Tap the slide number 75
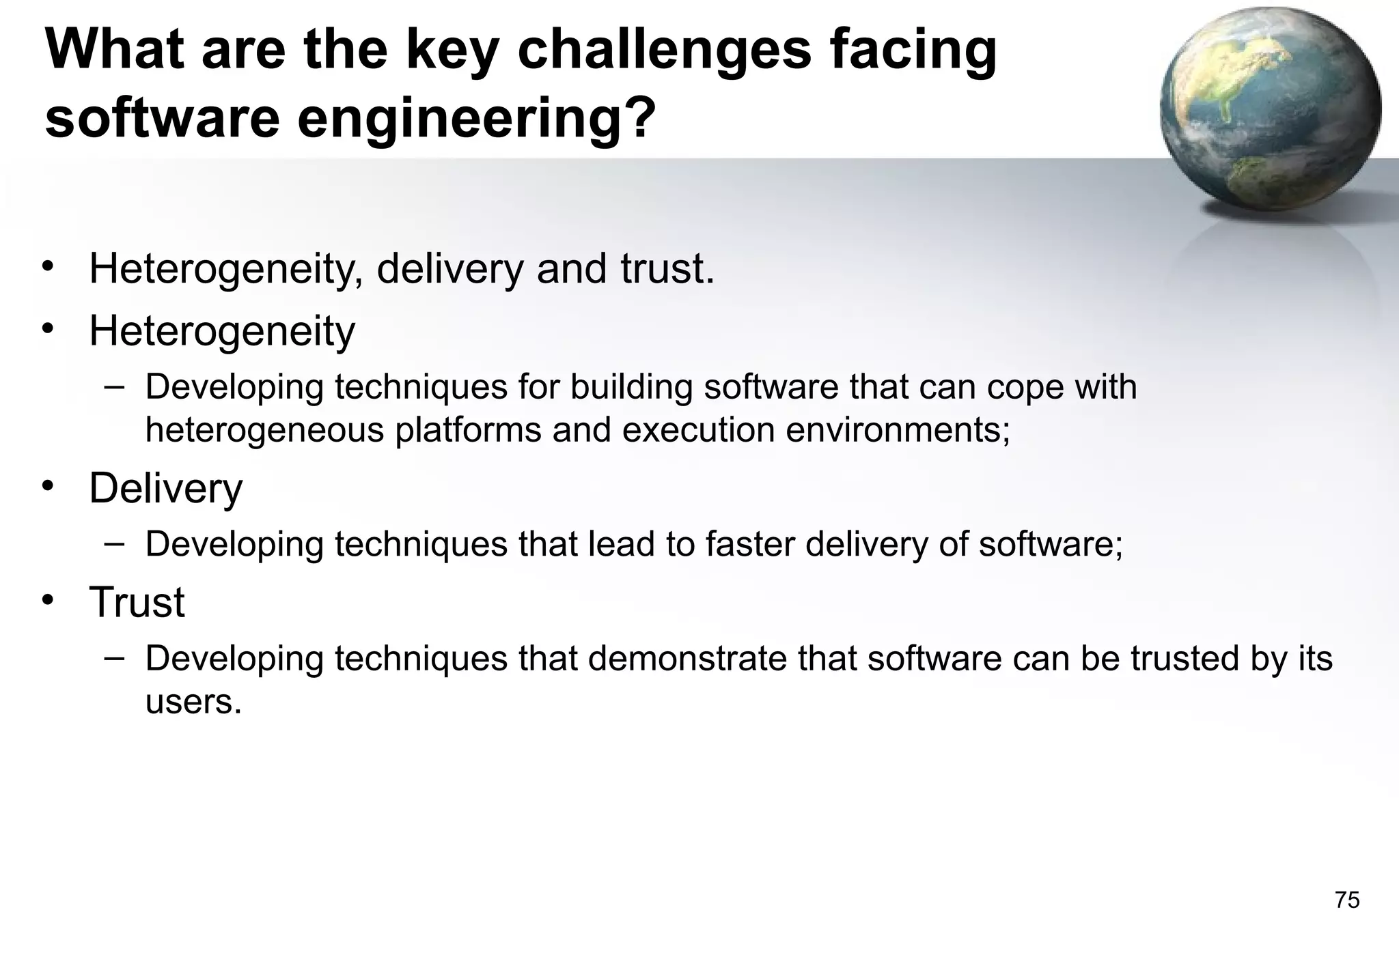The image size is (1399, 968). click(1346, 900)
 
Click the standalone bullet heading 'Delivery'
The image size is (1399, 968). click(165, 488)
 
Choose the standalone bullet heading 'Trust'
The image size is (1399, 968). click(137, 602)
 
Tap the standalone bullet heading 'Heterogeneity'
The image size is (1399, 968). click(222, 331)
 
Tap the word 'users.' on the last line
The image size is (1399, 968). click(193, 702)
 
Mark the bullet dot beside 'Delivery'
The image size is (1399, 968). click(46, 486)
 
